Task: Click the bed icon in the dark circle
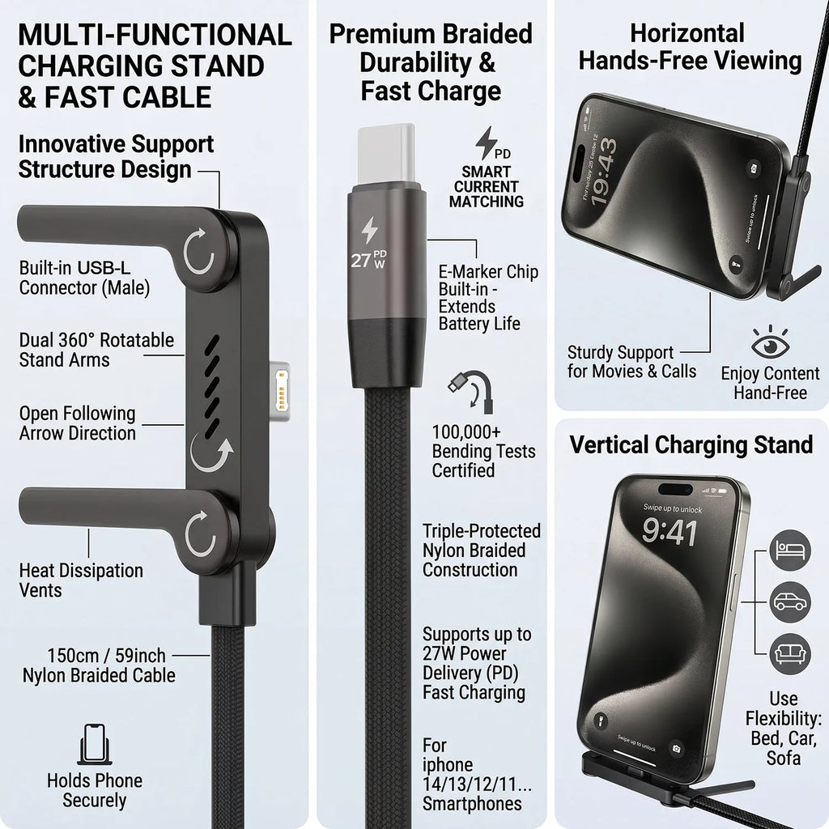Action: click(790, 551)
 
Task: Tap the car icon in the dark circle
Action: click(790, 602)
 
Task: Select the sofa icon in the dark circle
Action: click(790, 654)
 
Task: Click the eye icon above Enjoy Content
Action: click(771, 343)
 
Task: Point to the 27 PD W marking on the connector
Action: click(368, 259)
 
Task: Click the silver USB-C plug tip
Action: click(386, 154)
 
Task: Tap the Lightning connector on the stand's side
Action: click(280, 391)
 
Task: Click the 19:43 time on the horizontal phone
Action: click(604, 172)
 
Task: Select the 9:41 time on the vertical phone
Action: click(670, 531)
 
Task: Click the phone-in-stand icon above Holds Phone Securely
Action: click(95, 744)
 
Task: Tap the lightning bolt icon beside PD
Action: click(486, 142)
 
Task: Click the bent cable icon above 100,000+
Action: click(470, 392)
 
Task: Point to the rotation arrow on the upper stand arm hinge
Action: click(198, 252)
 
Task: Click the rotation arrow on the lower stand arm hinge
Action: click(201, 534)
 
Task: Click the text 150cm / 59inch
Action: click(106, 656)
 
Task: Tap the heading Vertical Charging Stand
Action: click(691, 444)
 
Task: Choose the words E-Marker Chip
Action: click(488, 272)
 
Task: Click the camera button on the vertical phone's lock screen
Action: click(676, 748)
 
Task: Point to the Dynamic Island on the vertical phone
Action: click(674, 490)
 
